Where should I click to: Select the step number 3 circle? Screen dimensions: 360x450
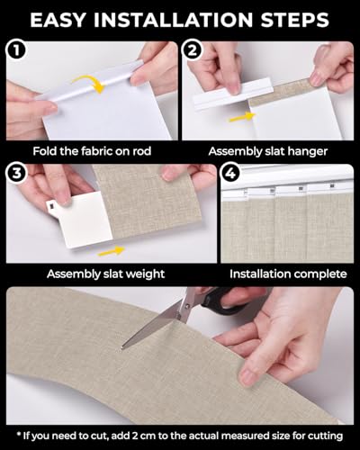coord(17,174)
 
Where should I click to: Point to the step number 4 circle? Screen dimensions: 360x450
coord(229,174)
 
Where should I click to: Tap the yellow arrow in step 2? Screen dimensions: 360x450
coord(242,117)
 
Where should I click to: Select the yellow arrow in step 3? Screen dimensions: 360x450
coord(112,251)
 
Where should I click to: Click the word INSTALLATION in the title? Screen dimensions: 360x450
coord(174,20)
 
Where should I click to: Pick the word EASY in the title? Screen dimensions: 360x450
coord(58,20)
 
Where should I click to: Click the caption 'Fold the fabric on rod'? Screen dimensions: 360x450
coord(92,151)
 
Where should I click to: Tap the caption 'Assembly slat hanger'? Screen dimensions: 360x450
coord(268,151)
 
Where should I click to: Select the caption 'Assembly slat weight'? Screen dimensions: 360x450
coord(105,274)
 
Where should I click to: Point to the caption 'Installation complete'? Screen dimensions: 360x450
coord(288,274)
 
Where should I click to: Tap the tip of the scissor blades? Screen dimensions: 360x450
coord(121,348)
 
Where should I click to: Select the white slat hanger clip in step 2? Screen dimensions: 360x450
coord(233,94)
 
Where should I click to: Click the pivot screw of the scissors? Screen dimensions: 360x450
coord(187,307)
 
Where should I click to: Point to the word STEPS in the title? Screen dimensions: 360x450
coord(295,20)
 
